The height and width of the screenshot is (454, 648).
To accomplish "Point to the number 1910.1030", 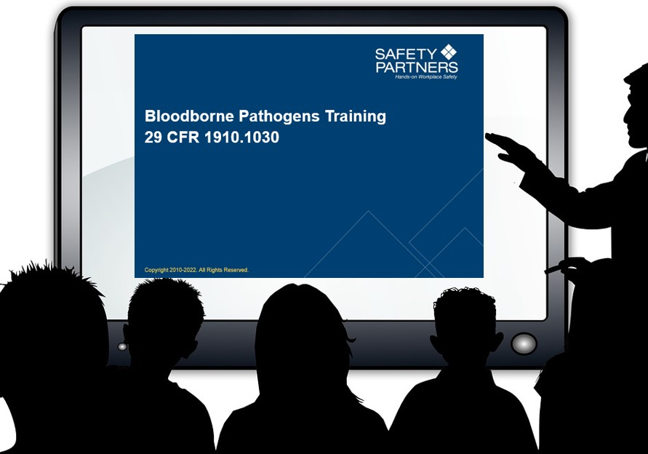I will point(242,137).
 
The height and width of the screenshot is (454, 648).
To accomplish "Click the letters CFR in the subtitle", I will point(183,137).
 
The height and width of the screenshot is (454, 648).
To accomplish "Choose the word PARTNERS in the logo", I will point(417,67).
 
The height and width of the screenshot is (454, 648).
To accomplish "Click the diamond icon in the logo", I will point(449,52).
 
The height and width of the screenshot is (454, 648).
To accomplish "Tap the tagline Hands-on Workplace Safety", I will point(425,76).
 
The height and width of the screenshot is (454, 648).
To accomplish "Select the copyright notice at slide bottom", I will point(196,270).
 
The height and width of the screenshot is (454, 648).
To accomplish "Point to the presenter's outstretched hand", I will point(509,146).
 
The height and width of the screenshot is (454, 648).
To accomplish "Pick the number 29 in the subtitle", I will point(153,137).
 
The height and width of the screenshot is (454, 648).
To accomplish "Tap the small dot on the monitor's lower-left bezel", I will point(122,346).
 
